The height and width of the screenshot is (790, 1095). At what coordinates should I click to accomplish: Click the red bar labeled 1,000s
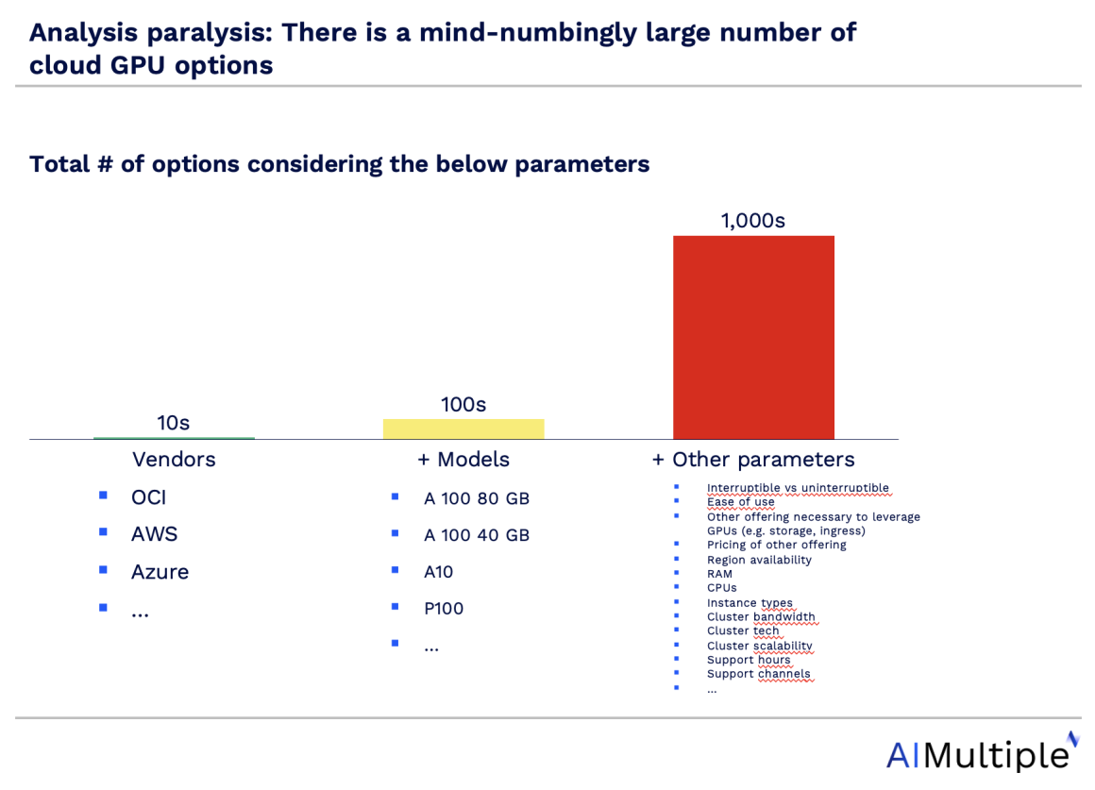(753, 337)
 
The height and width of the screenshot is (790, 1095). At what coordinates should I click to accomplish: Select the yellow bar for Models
(463, 429)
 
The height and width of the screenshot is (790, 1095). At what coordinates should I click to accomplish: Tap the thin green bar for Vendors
(174, 438)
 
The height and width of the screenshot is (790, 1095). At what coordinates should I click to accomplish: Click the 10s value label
(173, 423)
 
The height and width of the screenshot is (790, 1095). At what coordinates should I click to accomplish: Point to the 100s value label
(463, 405)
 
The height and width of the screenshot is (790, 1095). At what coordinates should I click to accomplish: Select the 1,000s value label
(753, 221)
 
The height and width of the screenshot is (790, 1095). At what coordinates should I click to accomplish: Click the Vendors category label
(174, 460)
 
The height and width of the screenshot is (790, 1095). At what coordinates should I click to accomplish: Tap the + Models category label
(463, 460)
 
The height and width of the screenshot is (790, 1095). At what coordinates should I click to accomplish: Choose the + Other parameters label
(753, 460)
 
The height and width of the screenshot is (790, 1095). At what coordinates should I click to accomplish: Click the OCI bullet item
(148, 497)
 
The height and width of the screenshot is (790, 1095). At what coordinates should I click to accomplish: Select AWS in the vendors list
(154, 534)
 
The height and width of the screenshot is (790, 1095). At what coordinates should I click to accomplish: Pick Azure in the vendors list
(160, 572)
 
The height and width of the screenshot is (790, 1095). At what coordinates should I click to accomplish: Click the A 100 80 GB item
(476, 498)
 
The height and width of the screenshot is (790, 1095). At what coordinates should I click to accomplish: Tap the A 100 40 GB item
(476, 535)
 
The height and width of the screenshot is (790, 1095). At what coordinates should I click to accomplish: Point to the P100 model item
(444, 609)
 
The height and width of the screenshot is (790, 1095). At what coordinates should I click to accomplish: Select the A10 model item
(438, 572)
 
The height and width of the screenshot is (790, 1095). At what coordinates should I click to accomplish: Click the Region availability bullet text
(759, 560)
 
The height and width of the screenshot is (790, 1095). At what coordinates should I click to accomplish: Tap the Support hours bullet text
(749, 660)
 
